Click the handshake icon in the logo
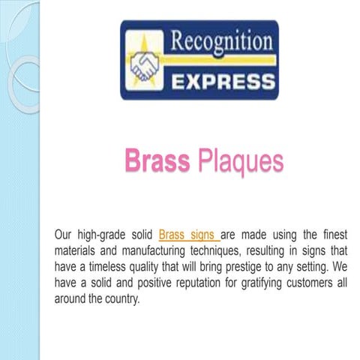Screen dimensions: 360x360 coord(143,66)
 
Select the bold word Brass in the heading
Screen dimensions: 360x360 coord(157,160)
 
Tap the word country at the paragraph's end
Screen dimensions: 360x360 coord(120,298)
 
